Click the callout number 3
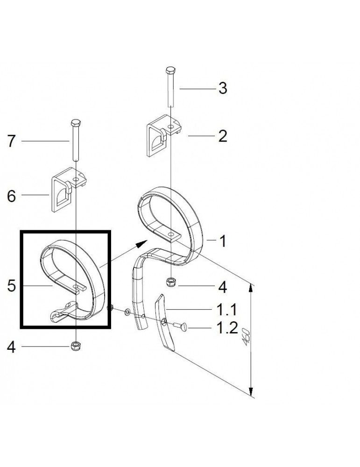pos(223,88)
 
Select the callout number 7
pos(12,141)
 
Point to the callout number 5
pos(12,286)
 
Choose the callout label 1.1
pos(226,309)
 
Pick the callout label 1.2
pos(226,328)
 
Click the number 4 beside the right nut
pos(223,287)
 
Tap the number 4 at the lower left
pos(12,347)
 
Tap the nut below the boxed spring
pos(75,346)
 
